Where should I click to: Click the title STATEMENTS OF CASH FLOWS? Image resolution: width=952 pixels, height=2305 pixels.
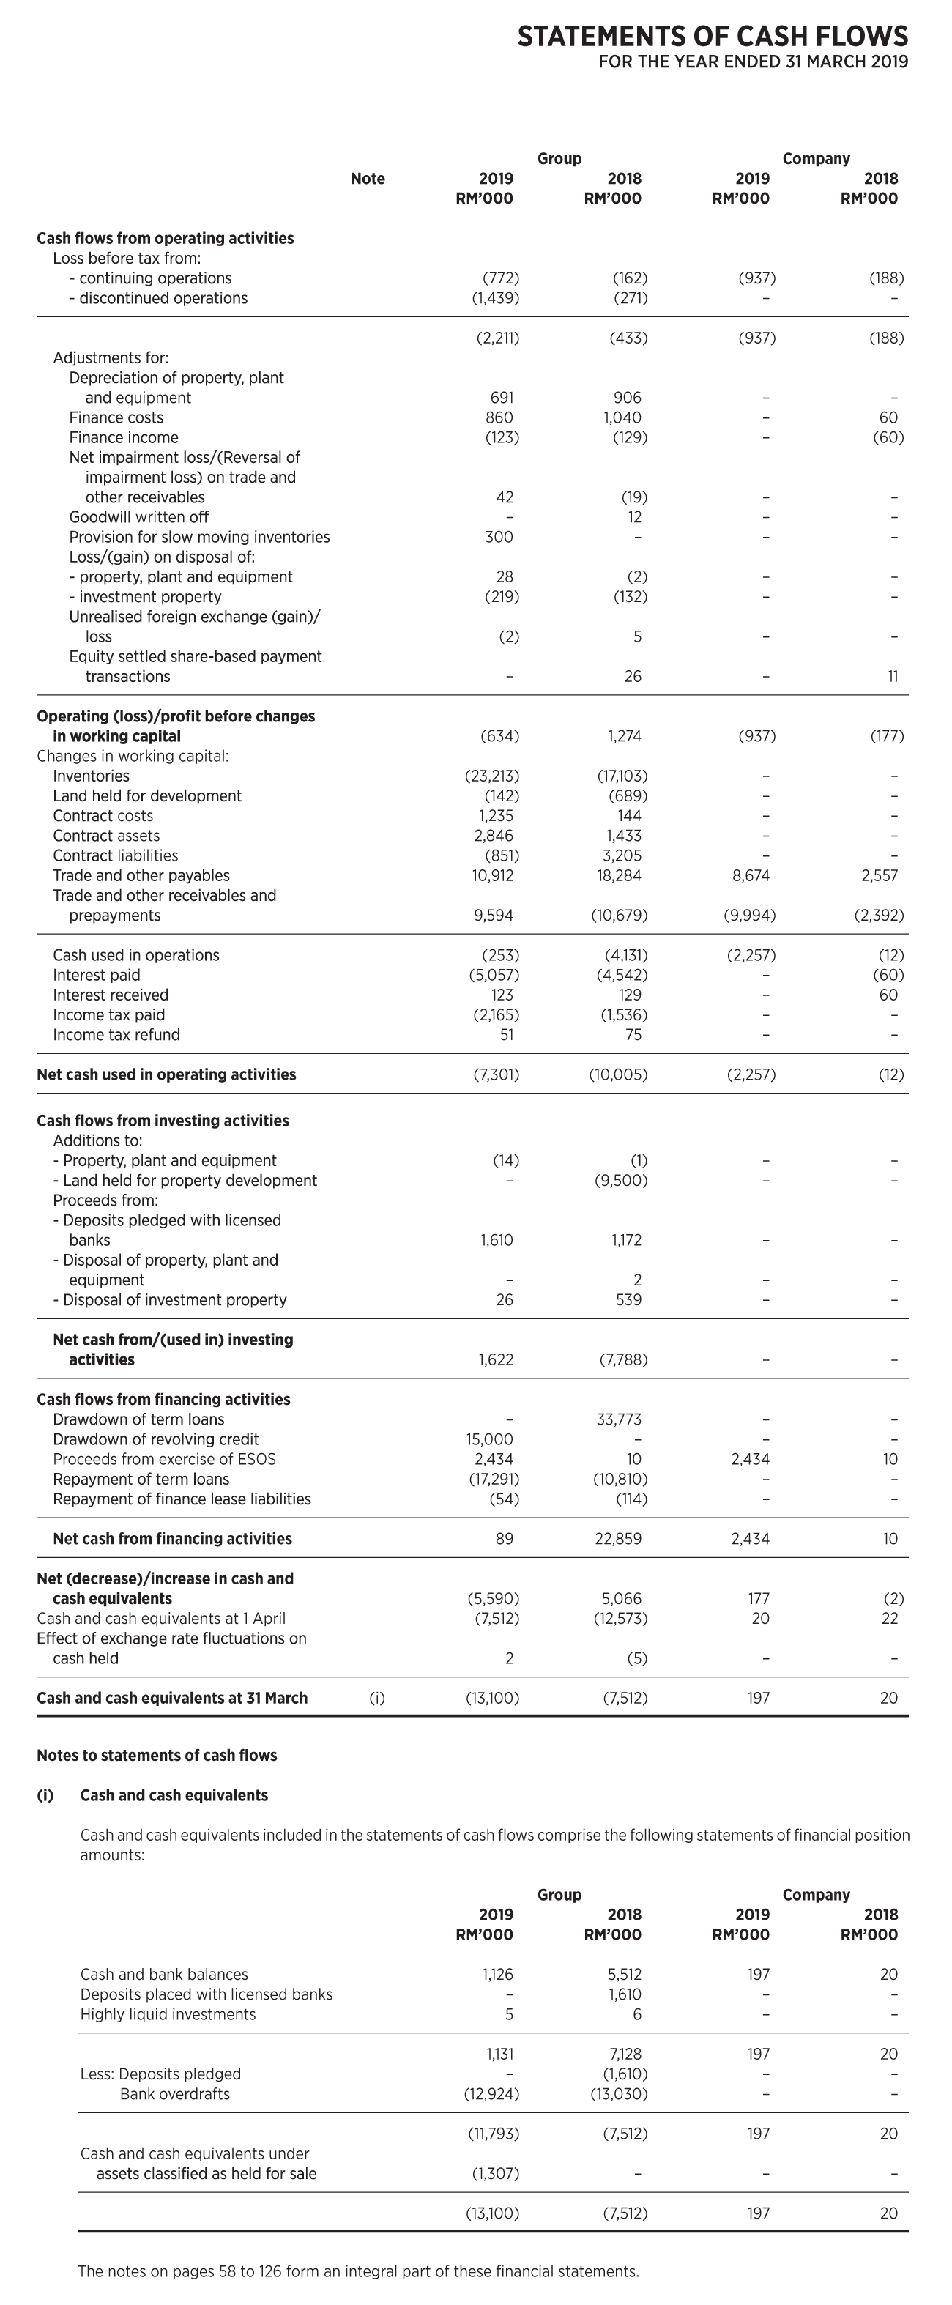point(713,36)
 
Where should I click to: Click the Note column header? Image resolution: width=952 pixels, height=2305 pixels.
point(368,179)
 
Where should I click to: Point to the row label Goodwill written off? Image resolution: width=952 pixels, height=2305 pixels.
point(138,517)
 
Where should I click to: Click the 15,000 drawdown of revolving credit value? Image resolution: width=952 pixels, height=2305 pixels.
point(489,1439)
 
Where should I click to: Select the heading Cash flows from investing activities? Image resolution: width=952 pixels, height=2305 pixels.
point(163,1121)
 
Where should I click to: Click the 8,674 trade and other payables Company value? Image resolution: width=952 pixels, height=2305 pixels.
point(751,875)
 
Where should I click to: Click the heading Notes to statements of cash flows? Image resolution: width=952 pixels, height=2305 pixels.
point(157,1755)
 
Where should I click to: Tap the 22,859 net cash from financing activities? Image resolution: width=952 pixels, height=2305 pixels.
point(618,1538)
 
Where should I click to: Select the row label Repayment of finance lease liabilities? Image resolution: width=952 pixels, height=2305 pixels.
point(182,1499)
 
